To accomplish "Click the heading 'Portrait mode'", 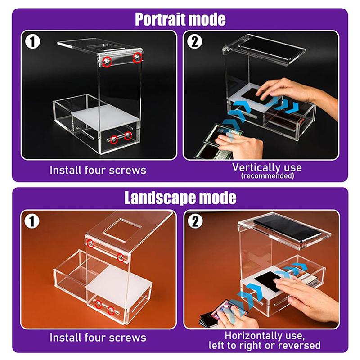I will pos(180,19).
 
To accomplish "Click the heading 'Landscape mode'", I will pos(180,198).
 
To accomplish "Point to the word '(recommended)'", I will pos(267,176).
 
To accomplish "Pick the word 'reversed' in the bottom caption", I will pos(302,346).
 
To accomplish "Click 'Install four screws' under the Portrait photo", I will pos(98,170).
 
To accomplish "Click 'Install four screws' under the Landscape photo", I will pos(98,337).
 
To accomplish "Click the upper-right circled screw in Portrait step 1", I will pos(138,58).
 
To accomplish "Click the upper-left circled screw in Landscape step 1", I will pos(90,243).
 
